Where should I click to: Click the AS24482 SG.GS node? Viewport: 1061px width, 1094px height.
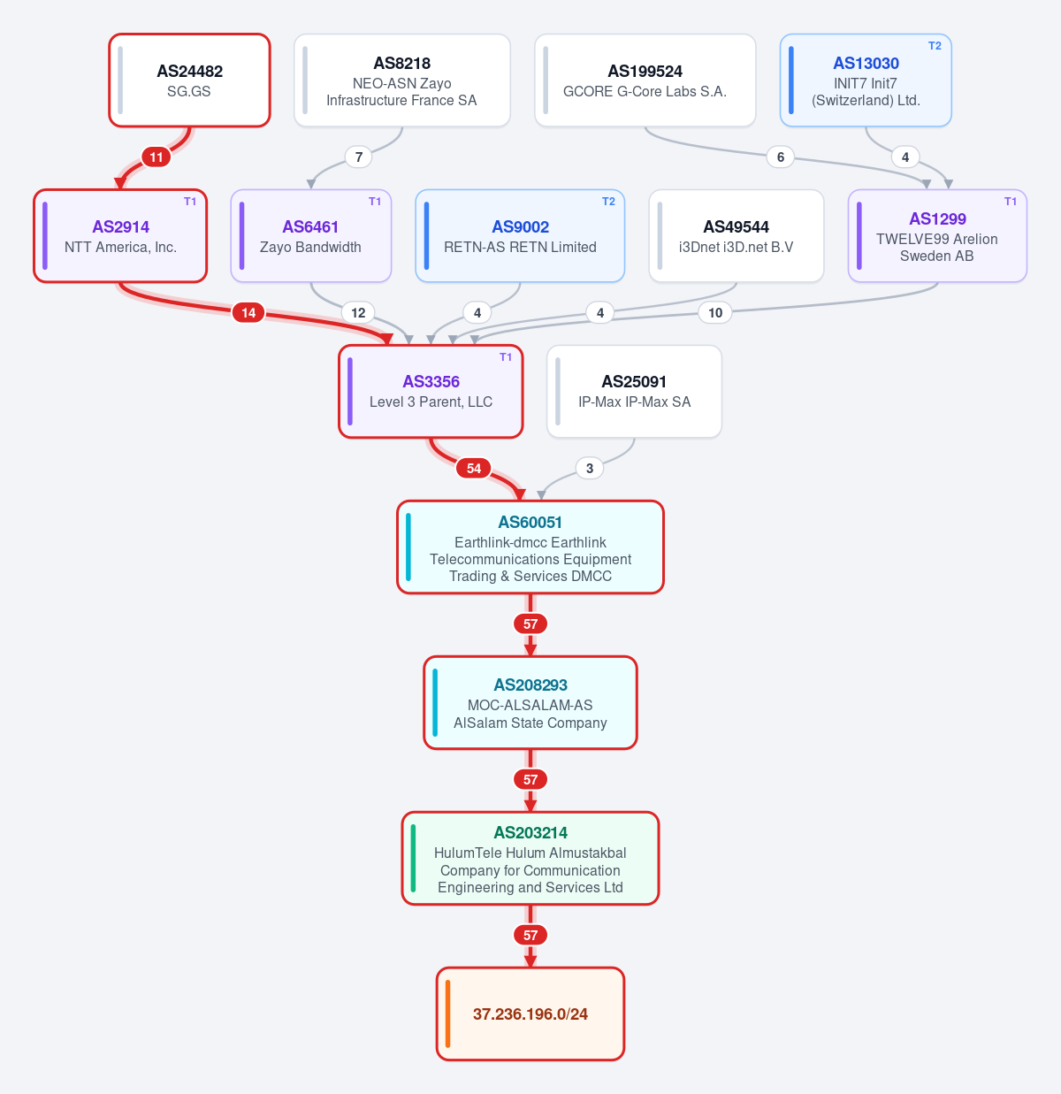coord(189,80)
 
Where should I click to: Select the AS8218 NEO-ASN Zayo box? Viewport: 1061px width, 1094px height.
coord(401,80)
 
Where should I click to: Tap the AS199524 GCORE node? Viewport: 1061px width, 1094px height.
coord(645,80)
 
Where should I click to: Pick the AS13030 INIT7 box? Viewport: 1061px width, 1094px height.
coord(866,80)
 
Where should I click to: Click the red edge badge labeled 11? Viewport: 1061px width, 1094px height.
coord(156,157)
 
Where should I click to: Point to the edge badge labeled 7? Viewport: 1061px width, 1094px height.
coord(359,157)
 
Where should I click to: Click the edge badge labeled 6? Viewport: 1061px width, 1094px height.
coord(780,157)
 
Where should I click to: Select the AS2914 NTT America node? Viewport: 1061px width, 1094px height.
coord(120,236)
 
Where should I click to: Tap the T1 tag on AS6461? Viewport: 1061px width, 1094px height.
coord(375,202)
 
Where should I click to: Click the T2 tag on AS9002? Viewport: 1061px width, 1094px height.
coord(608,202)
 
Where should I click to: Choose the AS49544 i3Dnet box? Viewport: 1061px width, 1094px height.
coord(737,236)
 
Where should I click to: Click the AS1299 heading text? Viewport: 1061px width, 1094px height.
coord(937,218)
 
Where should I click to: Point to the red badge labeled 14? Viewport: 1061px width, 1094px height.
coord(248,312)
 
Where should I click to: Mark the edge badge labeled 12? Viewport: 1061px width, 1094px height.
coord(359,312)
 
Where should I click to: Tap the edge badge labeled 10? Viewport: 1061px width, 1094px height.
coord(714,312)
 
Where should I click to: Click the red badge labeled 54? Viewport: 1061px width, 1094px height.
coord(474,469)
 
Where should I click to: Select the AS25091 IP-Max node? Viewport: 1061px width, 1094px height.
coord(634,391)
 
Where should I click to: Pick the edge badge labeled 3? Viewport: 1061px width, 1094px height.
coord(590,469)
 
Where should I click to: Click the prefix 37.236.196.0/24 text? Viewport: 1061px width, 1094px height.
coord(530,1014)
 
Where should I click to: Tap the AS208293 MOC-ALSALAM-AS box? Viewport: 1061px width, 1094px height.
coord(530,703)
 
